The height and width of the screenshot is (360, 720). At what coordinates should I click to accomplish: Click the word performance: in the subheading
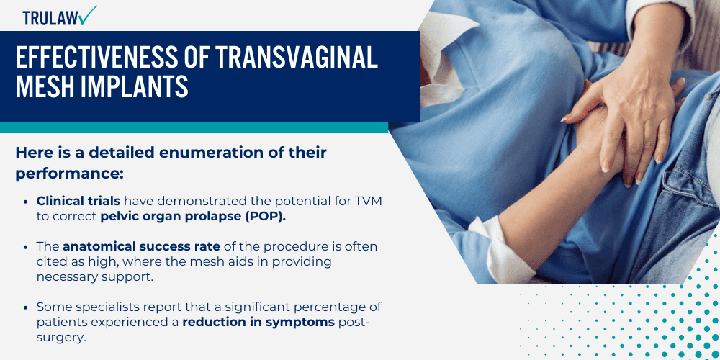pyautogui.click(x=69, y=174)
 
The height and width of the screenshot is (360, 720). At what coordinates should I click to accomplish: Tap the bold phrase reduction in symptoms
pyautogui.click(x=258, y=322)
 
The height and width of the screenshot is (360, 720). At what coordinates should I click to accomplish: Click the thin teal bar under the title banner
pyautogui.click(x=194, y=127)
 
